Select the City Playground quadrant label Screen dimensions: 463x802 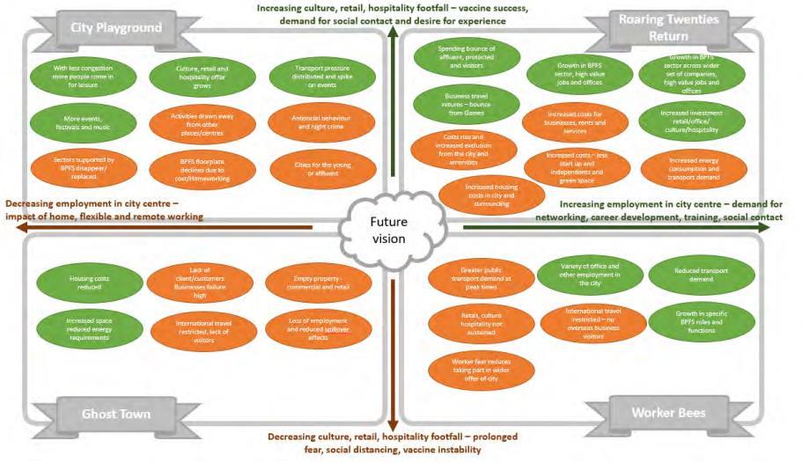pyautogui.click(x=116, y=27)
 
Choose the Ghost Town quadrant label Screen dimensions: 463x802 pyautogui.click(x=115, y=413)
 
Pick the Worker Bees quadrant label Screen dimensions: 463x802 pyautogui.click(x=670, y=412)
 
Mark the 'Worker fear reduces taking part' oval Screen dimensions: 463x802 pyautogui.click(x=480, y=368)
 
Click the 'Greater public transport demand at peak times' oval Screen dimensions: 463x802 pyautogui.click(x=480, y=277)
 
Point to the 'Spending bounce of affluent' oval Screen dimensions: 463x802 pyautogui.click(x=466, y=55)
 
